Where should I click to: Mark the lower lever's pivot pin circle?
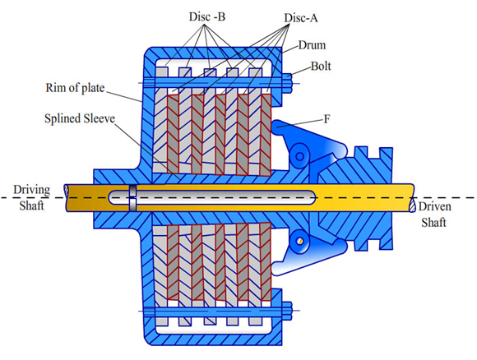300,240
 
